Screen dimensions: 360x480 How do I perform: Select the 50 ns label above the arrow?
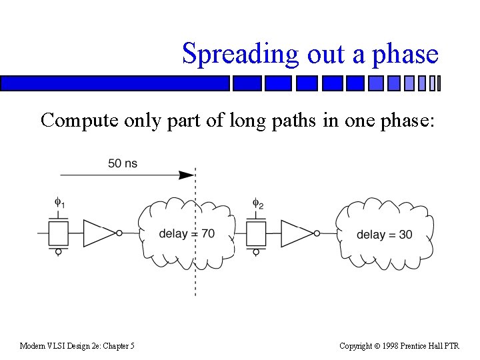coord(123,163)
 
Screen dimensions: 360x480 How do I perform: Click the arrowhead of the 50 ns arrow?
coord(187,175)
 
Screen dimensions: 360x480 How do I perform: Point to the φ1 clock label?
coord(59,202)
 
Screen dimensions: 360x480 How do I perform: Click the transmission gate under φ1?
coord(59,233)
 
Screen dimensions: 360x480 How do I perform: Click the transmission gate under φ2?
coord(257,233)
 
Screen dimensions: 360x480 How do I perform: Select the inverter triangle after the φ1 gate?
coord(99,233)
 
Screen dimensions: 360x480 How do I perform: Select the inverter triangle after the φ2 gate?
coord(297,233)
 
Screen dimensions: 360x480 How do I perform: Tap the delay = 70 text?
coord(187,234)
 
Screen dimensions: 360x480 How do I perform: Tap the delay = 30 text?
coord(384,235)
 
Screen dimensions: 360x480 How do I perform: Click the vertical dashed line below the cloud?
coord(195,280)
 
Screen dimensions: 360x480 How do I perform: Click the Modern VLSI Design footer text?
coord(77,345)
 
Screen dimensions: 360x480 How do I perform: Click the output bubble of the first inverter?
coord(119,233)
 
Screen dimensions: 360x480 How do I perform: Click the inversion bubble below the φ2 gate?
coord(257,251)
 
